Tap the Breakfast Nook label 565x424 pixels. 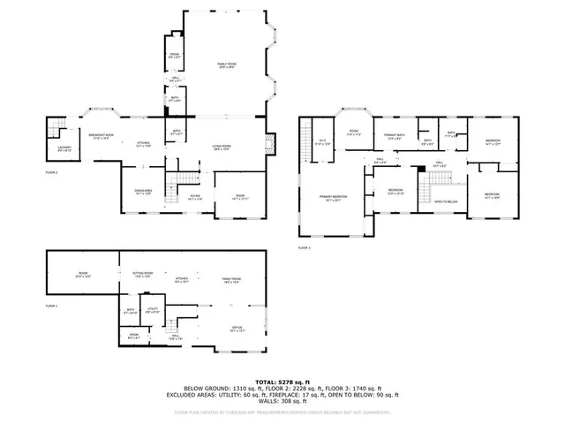pyautogui.click(x=100, y=137)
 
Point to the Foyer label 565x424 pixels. pyautogui.click(x=194, y=197)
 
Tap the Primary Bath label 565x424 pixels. pyautogui.click(x=394, y=135)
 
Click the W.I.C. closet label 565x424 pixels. pyautogui.click(x=322, y=141)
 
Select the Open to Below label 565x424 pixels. pyautogui.click(x=445, y=202)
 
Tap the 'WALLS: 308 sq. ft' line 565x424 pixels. pyautogui.click(x=282, y=403)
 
